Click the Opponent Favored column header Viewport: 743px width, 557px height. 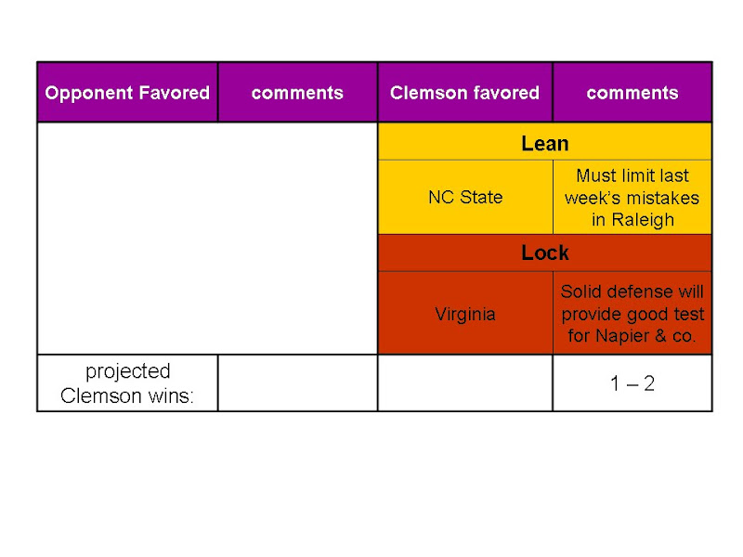127,92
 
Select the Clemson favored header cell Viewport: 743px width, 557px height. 464,92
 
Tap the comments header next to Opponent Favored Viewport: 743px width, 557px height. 297,93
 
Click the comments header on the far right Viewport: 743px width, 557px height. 632,93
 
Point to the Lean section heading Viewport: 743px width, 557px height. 545,144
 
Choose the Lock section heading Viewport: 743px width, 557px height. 545,253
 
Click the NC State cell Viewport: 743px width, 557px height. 465,197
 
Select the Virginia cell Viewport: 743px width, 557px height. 465,314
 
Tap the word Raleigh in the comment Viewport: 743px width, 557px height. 643,220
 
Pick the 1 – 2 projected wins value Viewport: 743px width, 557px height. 632,383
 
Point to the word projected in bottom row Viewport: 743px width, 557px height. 128,372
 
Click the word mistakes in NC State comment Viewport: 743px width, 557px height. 665,198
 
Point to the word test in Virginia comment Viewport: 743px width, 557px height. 687,314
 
